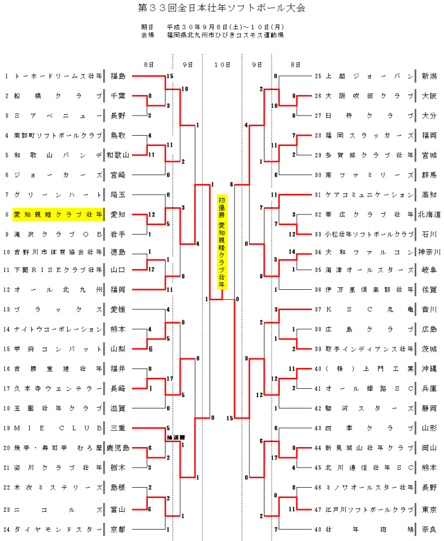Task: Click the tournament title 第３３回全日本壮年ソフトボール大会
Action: pyautogui.click(x=221, y=9)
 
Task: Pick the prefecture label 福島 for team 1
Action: pyautogui.click(x=117, y=76)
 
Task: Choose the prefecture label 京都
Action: pyautogui.click(x=117, y=528)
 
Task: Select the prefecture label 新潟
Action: pyautogui.click(x=429, y=76)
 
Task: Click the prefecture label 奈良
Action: pyautogui.click(x=429, y=528)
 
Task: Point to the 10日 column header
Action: pyautogui.click(x=222, y=64)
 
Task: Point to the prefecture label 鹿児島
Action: pyautogui.click(x=117, y=448)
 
